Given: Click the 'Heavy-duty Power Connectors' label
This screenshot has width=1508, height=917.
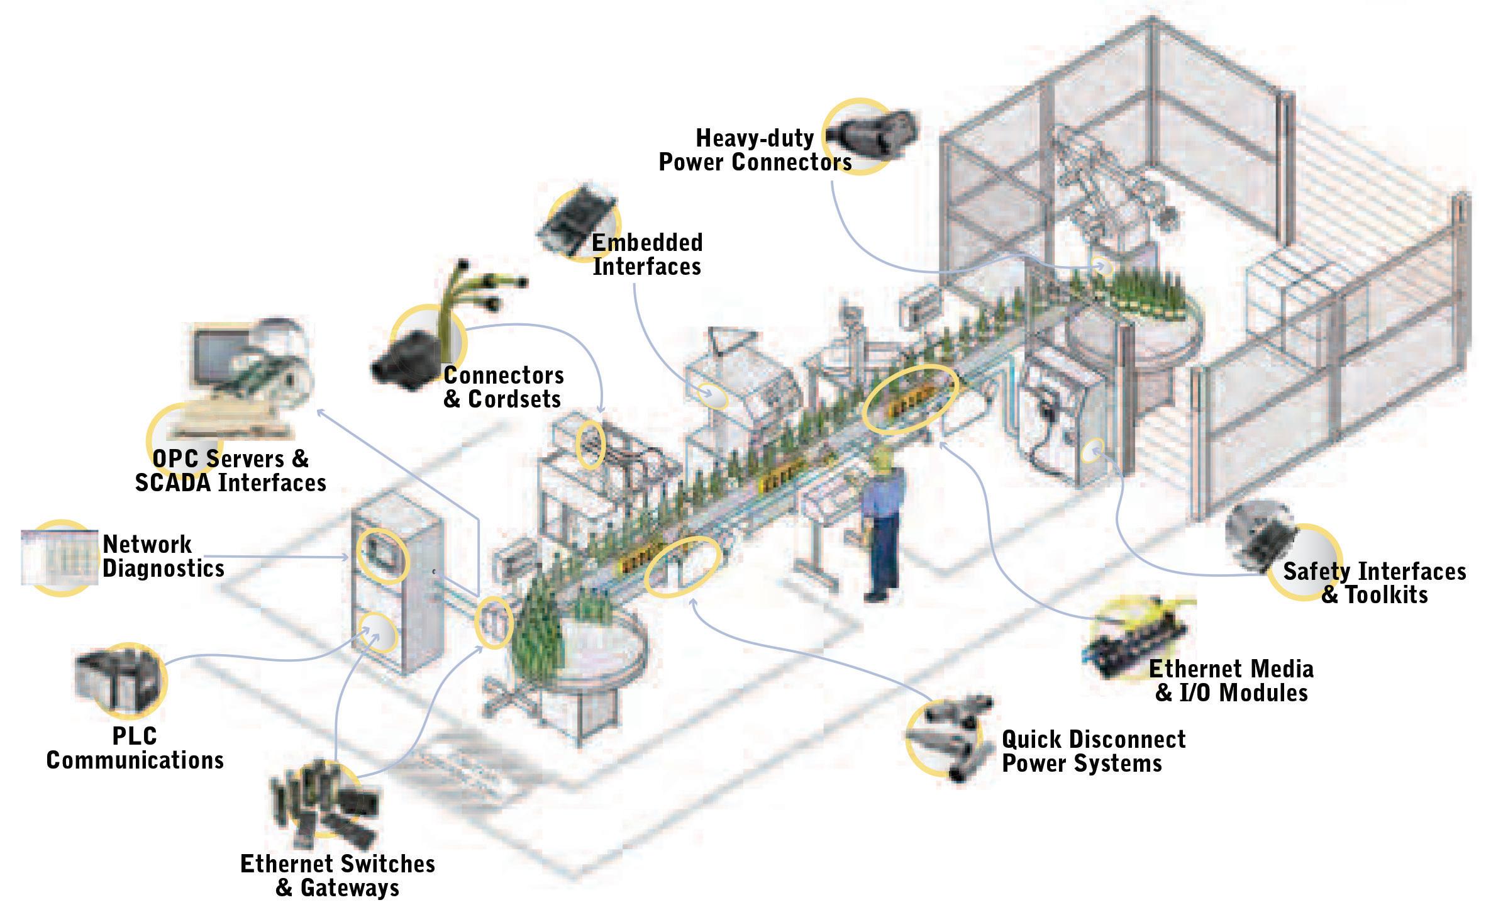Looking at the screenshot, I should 755,150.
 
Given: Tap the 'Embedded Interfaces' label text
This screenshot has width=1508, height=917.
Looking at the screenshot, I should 646,254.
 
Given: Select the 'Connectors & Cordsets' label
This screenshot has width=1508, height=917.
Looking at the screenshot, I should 503,387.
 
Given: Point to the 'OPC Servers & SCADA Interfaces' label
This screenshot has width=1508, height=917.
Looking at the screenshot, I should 231,470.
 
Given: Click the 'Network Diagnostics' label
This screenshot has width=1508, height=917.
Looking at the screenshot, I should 163,556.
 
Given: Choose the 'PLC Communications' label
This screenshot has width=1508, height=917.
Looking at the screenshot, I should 135,748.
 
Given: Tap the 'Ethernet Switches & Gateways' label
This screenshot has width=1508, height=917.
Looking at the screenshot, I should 338,875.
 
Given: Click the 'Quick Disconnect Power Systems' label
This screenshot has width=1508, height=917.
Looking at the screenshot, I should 1093,751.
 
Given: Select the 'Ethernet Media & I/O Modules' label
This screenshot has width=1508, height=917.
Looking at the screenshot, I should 1231,681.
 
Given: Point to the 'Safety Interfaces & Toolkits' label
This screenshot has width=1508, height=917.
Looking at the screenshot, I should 1374,582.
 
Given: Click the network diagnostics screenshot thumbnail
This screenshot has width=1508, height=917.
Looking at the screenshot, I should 60,557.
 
